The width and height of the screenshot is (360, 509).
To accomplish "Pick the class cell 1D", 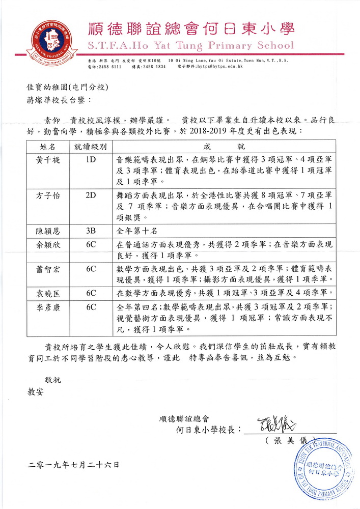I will (x=91, y=159).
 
